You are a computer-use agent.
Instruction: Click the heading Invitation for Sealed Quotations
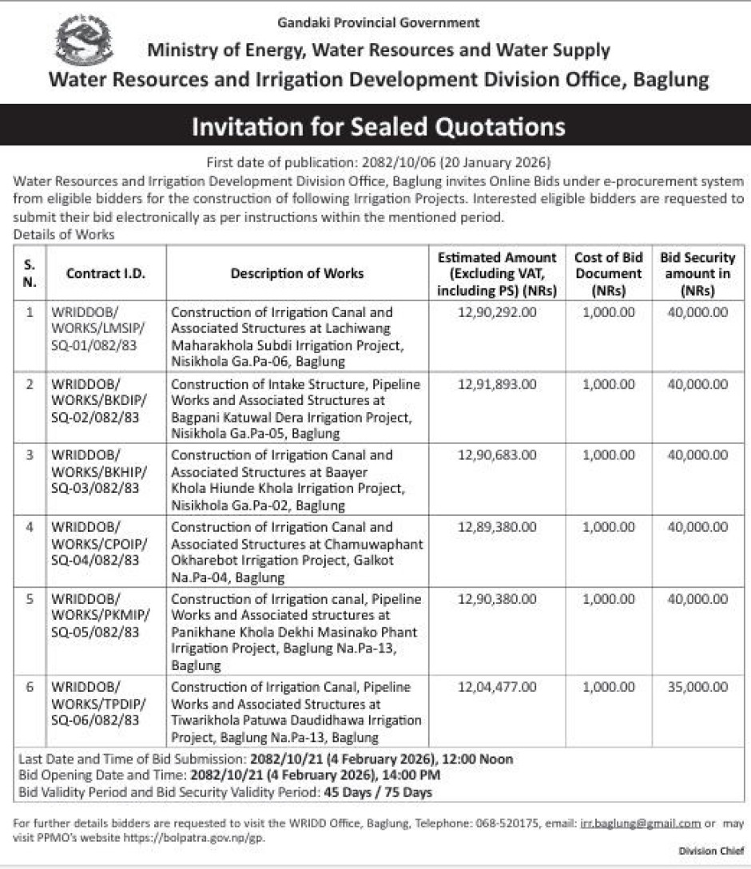(x=378, y=126)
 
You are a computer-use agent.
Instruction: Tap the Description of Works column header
(x=296, y=274)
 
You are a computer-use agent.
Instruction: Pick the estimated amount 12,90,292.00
(x=497, y=312)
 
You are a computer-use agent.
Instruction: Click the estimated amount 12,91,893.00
(x=497, y=384)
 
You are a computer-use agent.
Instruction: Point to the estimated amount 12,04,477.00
(x=497, y=687)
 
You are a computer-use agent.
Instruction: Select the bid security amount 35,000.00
(x=698, y=687)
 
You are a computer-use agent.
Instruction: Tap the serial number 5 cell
(x=30, y=598)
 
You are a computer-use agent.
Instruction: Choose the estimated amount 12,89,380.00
(x=497, y=527)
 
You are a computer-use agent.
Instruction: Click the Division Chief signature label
(x=710, y=851)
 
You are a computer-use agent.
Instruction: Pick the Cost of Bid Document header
(x=609, y=274)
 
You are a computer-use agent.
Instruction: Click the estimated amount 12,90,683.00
(x=497, y=455)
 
